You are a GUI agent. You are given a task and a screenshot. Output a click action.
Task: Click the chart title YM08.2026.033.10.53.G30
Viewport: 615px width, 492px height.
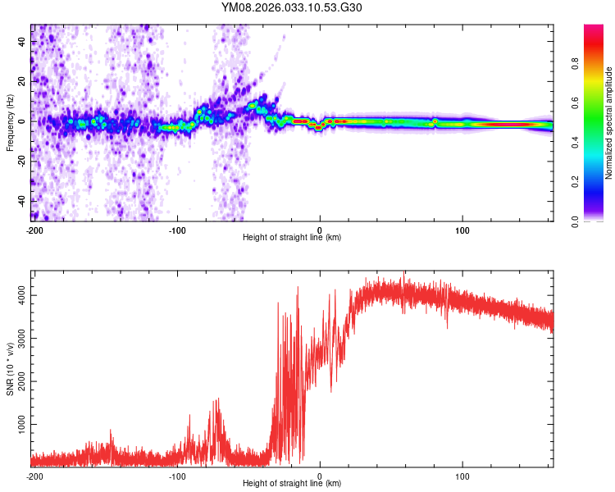click(292, 7)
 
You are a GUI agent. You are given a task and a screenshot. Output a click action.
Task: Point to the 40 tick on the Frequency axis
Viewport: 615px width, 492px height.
click(22, 42)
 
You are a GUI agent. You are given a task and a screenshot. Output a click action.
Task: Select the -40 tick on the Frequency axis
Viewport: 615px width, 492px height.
click(22, 201)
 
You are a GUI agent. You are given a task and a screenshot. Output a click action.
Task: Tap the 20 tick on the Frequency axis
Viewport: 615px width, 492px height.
click(22, 81)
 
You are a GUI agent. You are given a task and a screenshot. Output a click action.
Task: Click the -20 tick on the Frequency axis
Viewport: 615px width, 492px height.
click(22, 161)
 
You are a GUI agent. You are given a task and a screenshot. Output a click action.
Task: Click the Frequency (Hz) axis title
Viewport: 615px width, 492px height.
click(10, 123)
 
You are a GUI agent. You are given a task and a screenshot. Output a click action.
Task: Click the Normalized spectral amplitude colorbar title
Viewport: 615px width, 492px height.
click(609, 123)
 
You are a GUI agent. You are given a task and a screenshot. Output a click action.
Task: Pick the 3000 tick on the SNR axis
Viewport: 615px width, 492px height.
click(22, 338)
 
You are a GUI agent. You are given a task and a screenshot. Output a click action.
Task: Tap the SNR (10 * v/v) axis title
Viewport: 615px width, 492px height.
click(10, 368)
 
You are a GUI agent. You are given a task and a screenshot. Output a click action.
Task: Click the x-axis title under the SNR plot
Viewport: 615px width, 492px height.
click(292, 485)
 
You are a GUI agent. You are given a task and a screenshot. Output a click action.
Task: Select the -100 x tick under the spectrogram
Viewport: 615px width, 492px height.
click(177, 230)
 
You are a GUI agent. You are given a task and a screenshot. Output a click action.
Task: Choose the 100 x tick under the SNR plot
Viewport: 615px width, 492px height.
click(462, 476)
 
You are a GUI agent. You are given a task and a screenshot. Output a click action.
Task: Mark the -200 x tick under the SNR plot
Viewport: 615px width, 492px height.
click(34, 476)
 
